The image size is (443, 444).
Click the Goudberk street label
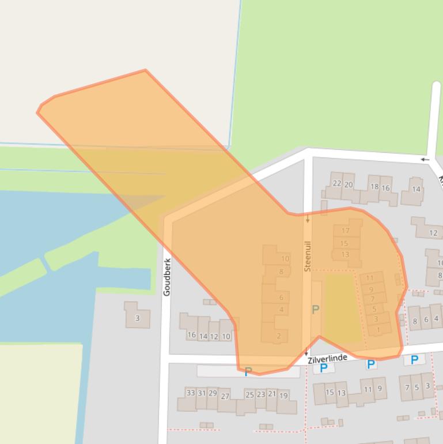(167, 277)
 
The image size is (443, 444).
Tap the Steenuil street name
(308, 257)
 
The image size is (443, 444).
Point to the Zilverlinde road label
(327, 359)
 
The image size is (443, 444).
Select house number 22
(337, 183)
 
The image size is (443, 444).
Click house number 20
(349, 185)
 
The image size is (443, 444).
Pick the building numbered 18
(374, 186)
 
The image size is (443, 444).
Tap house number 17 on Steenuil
(346, 231)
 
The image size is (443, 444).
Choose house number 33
(191, 393)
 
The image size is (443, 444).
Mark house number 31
(202, 393)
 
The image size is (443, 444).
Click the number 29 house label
(213, 393)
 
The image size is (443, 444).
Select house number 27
(225, 396)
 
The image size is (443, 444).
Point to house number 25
(249, 394)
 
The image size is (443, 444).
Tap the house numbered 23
(261, 394)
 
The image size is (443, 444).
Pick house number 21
(272, 394)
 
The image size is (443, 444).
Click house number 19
(283, 396)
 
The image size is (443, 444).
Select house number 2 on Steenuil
(279, 336)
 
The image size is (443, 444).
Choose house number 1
(378, 330)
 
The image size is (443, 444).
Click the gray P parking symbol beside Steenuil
(315, 310)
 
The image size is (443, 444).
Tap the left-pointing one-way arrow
(425, 159)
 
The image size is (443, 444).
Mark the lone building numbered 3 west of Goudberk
(137, 318)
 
